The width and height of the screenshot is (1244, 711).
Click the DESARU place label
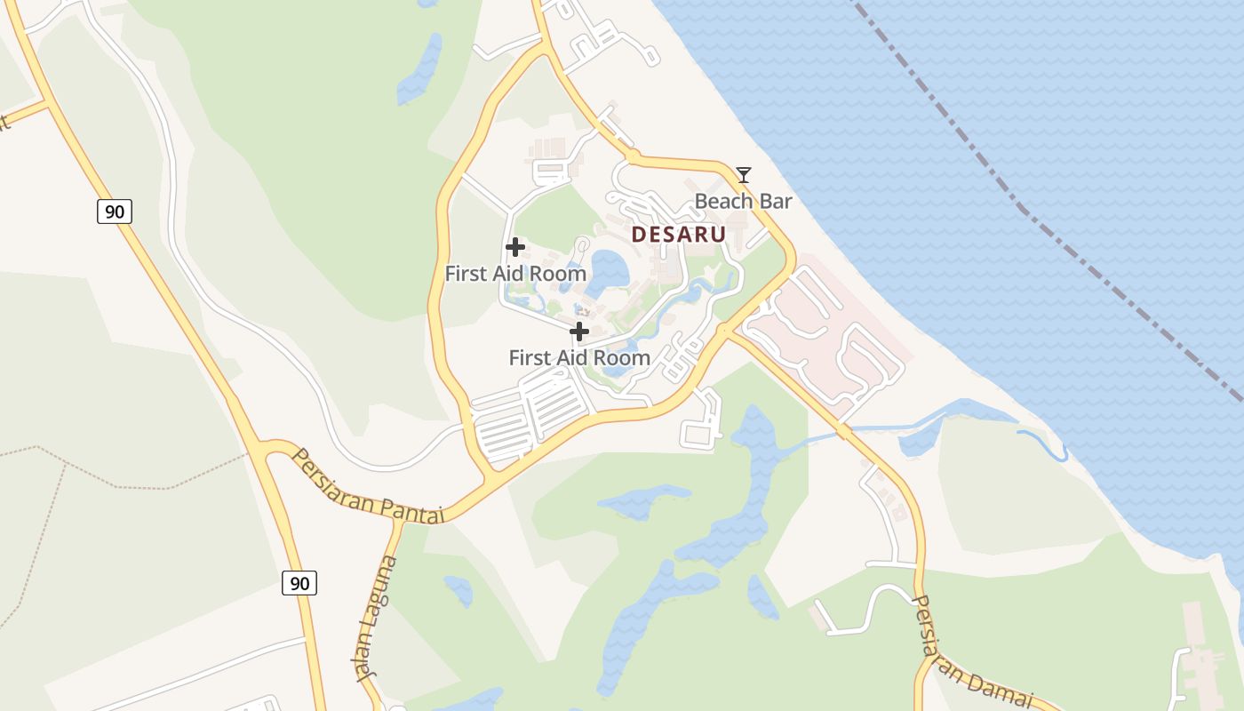679,235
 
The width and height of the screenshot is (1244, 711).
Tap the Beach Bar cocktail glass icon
744,174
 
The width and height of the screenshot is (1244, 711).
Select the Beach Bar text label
743,202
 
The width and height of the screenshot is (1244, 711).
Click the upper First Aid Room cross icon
514,247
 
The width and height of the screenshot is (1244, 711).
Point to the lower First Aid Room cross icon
579,332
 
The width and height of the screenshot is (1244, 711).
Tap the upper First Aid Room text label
515,274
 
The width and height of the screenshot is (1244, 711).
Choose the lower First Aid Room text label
579,358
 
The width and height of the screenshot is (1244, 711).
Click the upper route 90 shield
115,211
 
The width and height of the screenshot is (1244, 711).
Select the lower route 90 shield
299,583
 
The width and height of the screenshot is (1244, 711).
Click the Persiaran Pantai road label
367,486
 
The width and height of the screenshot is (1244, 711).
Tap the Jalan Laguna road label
374,618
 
